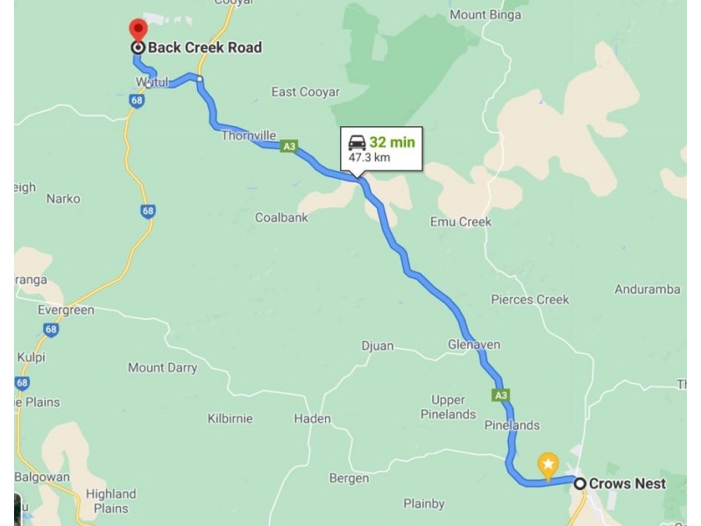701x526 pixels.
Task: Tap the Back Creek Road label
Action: point(204,47)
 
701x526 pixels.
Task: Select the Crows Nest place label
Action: point(627,483)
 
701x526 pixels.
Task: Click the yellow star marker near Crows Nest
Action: point(548,463)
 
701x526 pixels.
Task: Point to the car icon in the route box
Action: point(357,143)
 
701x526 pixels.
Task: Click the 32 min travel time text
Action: point(392,142)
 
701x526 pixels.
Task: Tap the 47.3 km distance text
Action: point(369,158)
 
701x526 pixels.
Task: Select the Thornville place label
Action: point(248,135)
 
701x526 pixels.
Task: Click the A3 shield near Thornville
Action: point(288,146)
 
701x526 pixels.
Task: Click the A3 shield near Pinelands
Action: point(500,395)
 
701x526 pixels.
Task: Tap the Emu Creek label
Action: point(460,222)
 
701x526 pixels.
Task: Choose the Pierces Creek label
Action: point(529,299)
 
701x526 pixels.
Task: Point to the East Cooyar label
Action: point(306,92)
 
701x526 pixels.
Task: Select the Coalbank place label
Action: point(281,217)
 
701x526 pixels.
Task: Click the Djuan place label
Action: point(378,345)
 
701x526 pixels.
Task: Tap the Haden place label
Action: point(312,418)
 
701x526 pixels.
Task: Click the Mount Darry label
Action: point(162,367)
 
